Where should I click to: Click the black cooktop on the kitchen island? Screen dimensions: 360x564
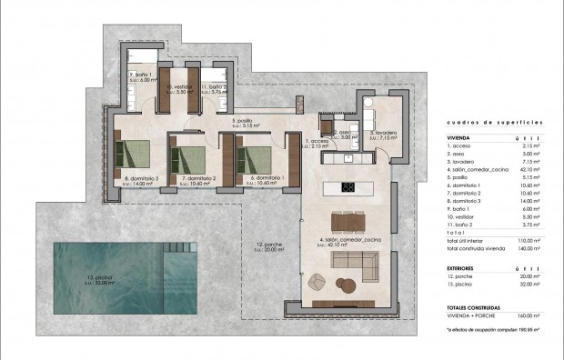click(347, 188)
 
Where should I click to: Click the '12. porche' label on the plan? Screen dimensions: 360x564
click(268, 245)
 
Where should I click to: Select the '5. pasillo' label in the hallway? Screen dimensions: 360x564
click(244, 121)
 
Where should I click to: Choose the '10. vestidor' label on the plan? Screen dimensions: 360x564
click(177, 87)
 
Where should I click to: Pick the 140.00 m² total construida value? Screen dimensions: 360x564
click(529, 246)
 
